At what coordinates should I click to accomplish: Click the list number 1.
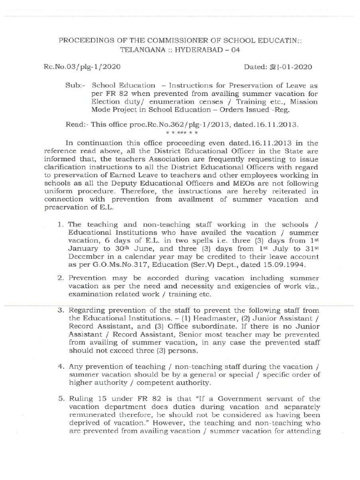click(x=60, y=225)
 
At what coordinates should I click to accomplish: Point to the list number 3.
click(x=60, y=310)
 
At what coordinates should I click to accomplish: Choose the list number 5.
click(x=60, y=398)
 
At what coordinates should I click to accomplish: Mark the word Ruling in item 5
click(x=81, y=398)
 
